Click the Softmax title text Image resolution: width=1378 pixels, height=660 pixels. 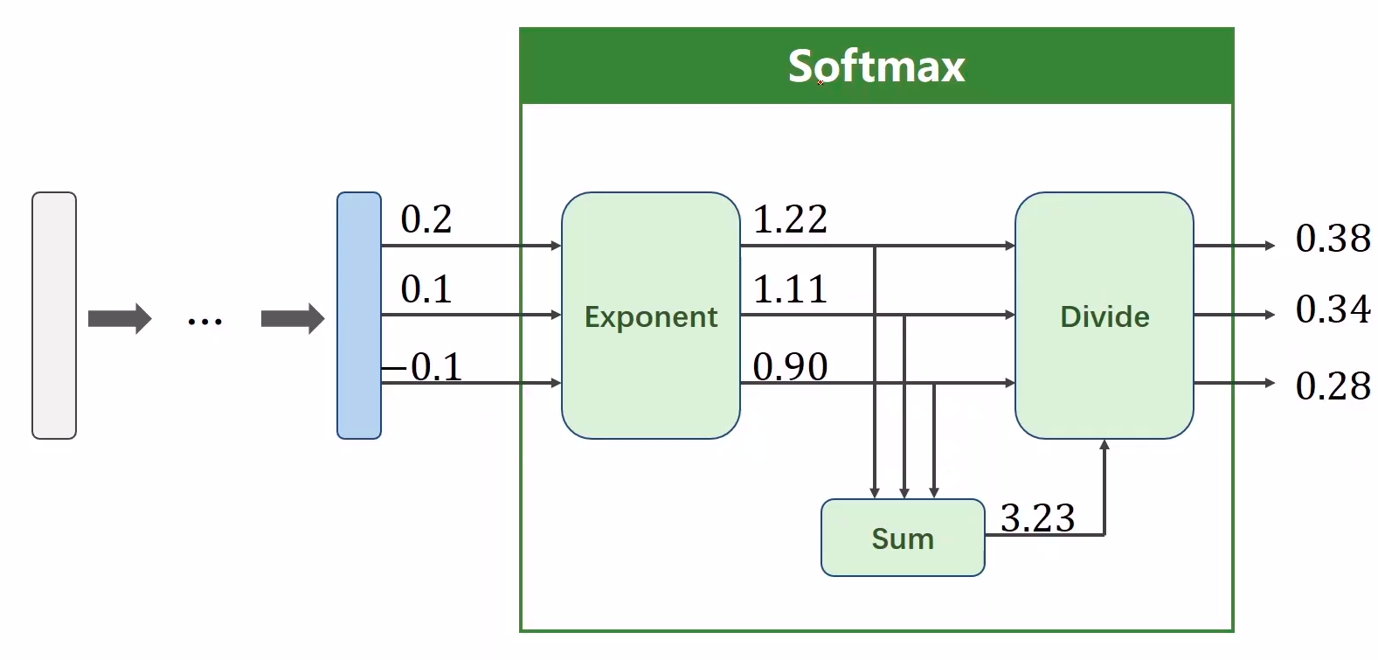click(x=876, y=66)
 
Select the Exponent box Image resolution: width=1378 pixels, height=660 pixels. click(x=651, y=316)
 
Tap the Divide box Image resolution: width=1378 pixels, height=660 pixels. click(x=1104, y=316)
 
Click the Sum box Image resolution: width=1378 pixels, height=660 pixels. click(x=903, y=538)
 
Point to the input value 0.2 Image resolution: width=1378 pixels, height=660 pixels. click(x=426, y=219)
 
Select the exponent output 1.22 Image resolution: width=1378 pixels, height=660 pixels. click(x=790, y=219)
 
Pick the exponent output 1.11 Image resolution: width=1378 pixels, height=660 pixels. click(x=790, y=289)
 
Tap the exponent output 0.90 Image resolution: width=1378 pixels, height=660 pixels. click(x=790, y=367)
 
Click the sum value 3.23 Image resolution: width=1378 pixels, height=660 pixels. click(x=1037, y=518)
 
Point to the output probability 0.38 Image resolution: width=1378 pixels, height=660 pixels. click(x=1333, y=239)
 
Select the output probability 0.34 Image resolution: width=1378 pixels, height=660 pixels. click(x=1333, y=309)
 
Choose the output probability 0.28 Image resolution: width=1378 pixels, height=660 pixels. click(x=1333, y=386)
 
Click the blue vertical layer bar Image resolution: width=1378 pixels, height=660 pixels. click(x=359, y=316)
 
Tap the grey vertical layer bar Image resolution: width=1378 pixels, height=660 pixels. click(x=54, y=316)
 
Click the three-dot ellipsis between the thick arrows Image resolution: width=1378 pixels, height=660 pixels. click(x=205, y=322)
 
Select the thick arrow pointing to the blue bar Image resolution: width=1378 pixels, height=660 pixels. click(x=293, y=318)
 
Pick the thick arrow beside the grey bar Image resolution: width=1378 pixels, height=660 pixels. click(x=120, y=318)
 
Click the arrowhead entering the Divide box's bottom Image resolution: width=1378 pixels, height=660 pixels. click(x=1104, y=445)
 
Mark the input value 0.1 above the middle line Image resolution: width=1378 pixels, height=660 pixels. click(x=426, y=289)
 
